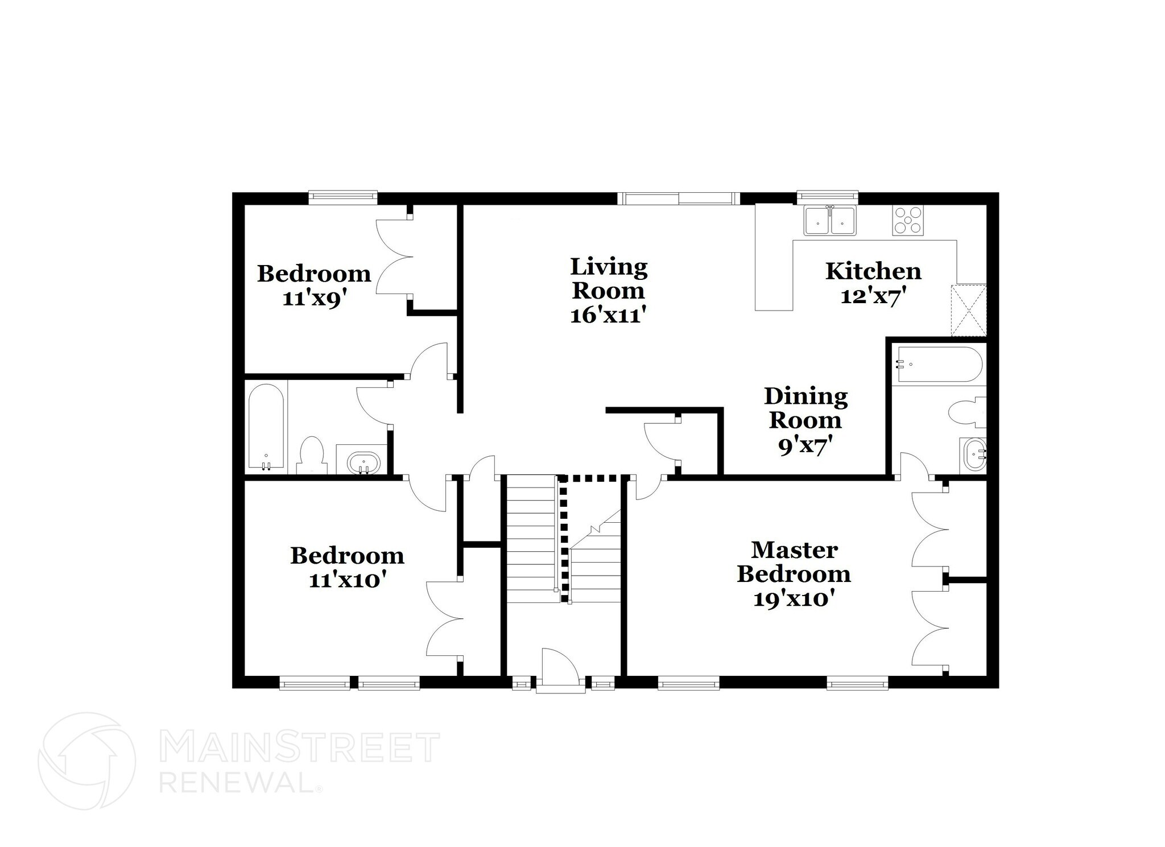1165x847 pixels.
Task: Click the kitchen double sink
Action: pos(829,221)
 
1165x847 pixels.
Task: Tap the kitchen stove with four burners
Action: pos(908,221)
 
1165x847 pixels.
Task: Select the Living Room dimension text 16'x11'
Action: pos(608,315)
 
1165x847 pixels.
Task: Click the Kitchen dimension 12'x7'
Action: pos(873,296)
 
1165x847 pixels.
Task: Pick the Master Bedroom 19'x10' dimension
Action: pos(794,598)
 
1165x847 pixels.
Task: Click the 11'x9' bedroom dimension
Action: pos(315,298)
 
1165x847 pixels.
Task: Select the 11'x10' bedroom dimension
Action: pos(348,580)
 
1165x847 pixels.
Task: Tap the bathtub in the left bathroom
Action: pos(266,427)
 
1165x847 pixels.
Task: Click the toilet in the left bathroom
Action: pos(311,455)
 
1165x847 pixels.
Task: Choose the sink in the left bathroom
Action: pos(363,462)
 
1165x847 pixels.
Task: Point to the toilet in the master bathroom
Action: pos(968,412)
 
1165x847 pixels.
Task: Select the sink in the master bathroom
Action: pos(973,455)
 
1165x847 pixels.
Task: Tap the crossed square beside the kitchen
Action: pos(968,309)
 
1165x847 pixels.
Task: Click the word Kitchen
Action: pos(873,271)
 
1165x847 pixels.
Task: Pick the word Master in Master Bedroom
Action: pos(794,550)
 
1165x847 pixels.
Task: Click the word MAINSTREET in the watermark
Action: pos(299,747)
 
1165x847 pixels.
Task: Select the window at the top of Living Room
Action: pos(678,199)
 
